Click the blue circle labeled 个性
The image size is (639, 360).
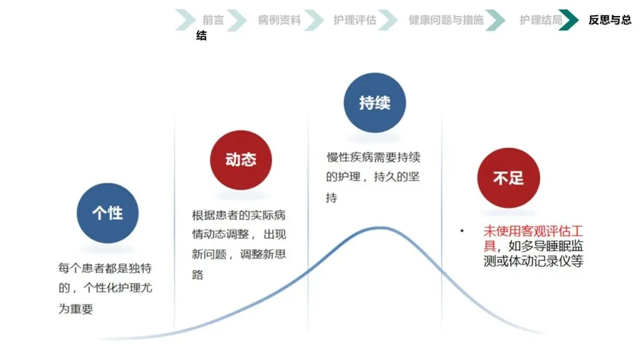(107, 213)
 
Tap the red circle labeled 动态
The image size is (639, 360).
(241, 160)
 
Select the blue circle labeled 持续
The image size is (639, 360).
(375, 103)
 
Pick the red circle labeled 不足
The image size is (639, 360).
(508, 178)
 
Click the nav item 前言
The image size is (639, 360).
(213, 20)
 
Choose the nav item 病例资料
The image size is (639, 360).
(279, 20)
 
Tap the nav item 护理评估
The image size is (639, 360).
(354, 20)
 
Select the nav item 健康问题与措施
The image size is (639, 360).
(446, 20)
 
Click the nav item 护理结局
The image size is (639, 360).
(541, 20)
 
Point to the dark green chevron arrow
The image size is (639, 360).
(570, 20)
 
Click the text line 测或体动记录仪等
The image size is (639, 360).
(533, 261)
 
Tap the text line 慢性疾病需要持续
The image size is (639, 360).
(373, 157)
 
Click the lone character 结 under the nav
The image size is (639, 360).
(202, 36)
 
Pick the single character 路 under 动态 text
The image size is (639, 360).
(198, 275)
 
